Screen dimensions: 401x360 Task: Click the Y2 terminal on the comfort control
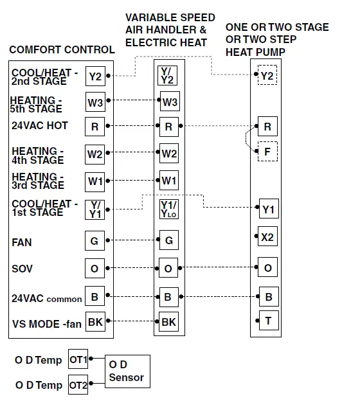tap(95, 76)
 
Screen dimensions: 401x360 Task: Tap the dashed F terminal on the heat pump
tap(267, 152)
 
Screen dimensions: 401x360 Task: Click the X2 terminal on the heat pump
tap(267, 236)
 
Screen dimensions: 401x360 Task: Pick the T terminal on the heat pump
tap(267, 320)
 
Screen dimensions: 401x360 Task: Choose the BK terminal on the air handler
tap(168, 321)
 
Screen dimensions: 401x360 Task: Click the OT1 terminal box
tap(78, 360)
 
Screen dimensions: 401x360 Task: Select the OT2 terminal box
tap(78, 385)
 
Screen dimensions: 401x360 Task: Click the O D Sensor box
tap(126, 371)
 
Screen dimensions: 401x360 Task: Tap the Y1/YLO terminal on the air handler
tap(168, 209)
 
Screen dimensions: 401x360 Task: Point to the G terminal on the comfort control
tap(95, 241)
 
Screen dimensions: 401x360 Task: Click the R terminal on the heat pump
tap(267, 127)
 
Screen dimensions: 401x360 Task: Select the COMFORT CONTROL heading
tap(62, 49)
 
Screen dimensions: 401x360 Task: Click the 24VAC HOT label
tap(39, 125)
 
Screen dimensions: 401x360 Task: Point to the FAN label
tap(21, 242)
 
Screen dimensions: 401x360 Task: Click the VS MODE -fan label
tap(46, 323)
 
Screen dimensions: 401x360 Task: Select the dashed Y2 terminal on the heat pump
tap(267, 75)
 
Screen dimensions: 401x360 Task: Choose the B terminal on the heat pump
tap(267, 297)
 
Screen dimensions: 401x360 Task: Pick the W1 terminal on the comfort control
tap(95, 181)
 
